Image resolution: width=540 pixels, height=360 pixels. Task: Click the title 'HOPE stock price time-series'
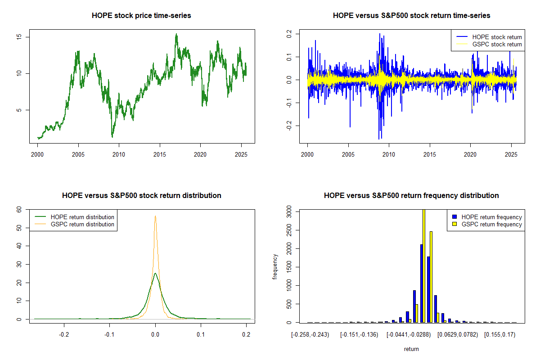click(141, 16)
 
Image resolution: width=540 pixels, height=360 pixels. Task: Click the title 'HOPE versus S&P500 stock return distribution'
click(141, 196)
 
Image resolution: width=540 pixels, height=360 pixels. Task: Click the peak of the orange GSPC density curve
click(155, 216)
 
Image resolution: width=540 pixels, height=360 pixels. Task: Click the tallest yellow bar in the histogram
click(423, 265)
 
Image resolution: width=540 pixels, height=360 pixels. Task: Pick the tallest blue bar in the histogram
click(421, 283)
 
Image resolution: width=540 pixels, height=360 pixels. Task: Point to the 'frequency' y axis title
click(275, 266)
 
